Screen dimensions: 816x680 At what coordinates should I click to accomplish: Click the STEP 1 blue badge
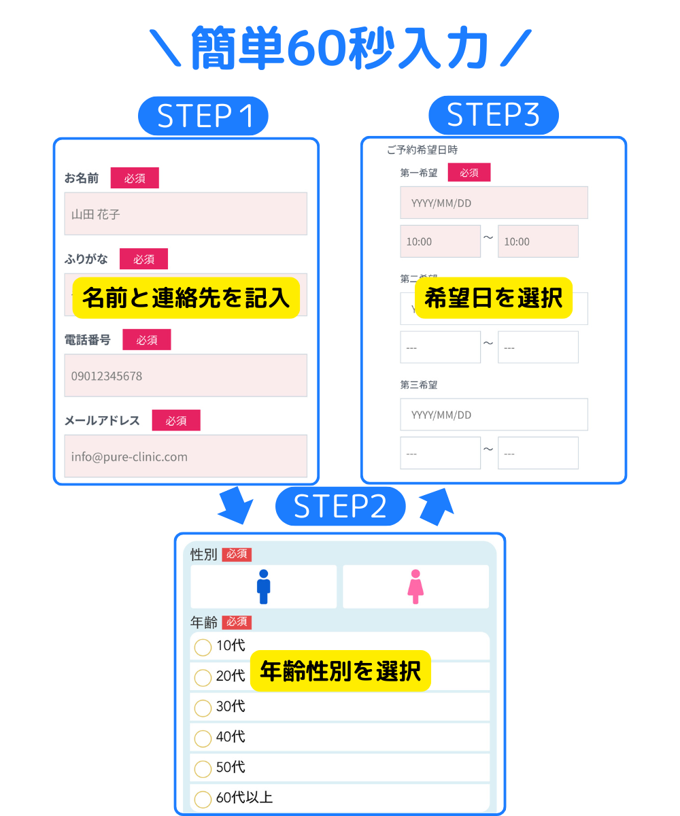tap(203, 116)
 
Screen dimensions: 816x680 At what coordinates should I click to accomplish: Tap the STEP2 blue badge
tap(340, 507)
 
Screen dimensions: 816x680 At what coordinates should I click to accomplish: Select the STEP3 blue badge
tap(493, 115)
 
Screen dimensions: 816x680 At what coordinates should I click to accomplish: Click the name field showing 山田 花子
tap(186, 214)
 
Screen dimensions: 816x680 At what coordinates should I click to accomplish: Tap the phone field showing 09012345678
tap(186, 375)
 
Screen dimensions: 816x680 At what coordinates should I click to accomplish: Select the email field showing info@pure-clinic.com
tap(186, 456)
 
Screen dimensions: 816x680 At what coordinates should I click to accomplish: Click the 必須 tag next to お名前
tap(135, 178)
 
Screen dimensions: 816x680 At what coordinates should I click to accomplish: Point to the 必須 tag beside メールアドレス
tap(176, 420)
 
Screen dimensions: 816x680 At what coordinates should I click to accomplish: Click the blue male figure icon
tap(264, 587)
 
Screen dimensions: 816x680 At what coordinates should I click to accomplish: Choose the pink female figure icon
tap(415, 587)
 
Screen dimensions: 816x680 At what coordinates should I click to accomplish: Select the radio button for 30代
tap(203, 708)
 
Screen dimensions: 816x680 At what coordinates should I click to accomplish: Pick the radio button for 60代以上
tap(203, 799)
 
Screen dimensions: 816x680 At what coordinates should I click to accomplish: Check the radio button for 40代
tap(203, 738)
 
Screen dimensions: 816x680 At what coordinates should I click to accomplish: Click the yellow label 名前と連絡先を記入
tap(186, 298)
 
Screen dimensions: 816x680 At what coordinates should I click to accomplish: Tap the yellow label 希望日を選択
tap(494, 298)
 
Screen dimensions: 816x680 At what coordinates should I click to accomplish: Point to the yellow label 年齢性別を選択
tap(341, 671)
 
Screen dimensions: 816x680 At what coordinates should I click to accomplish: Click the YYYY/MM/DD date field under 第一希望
tap(494, 203)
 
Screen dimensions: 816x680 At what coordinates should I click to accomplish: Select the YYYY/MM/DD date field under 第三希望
tap(494, 415)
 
